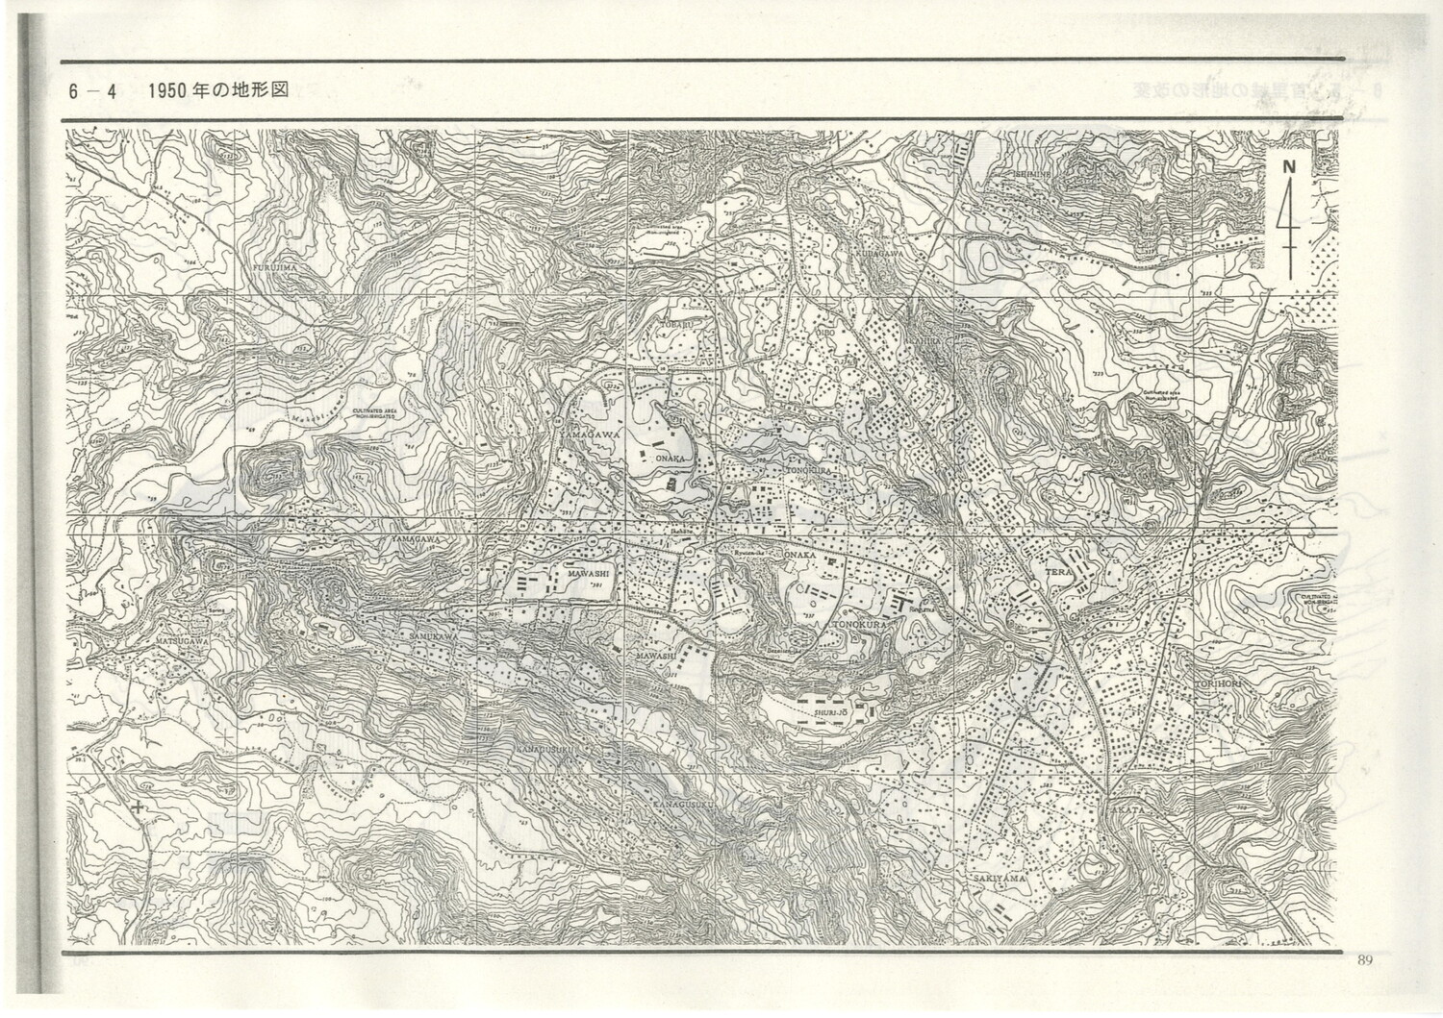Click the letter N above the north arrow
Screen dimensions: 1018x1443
click(1288, 165)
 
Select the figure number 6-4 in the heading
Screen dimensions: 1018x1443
click(92, 92)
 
